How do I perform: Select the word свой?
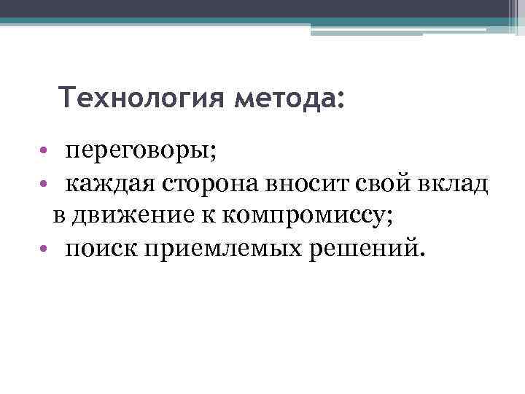point(374,185)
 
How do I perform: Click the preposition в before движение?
point(58,217)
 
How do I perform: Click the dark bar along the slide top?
point(262,8)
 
